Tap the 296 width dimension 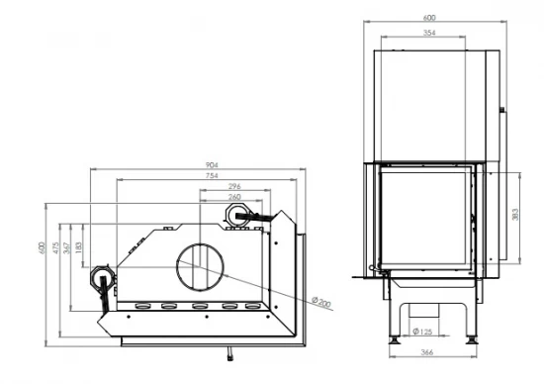click(233, 186)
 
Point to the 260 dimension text click(233, 198)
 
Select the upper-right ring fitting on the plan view click(245, 213)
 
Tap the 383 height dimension click(516, 215)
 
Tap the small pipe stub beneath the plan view click(229, 350)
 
